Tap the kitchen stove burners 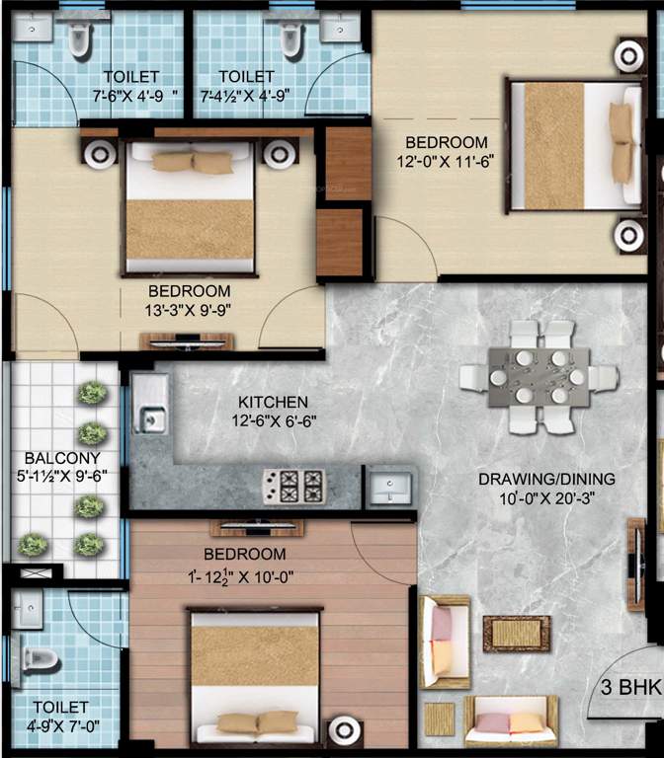coord(292,486)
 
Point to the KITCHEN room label coord(274,403)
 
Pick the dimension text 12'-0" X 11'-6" coord(444,162)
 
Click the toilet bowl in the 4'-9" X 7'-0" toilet coord(38,660)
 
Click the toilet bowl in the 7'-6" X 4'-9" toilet coord(79,38)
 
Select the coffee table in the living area coord(516,633)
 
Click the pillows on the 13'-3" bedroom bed coord(192,161)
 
